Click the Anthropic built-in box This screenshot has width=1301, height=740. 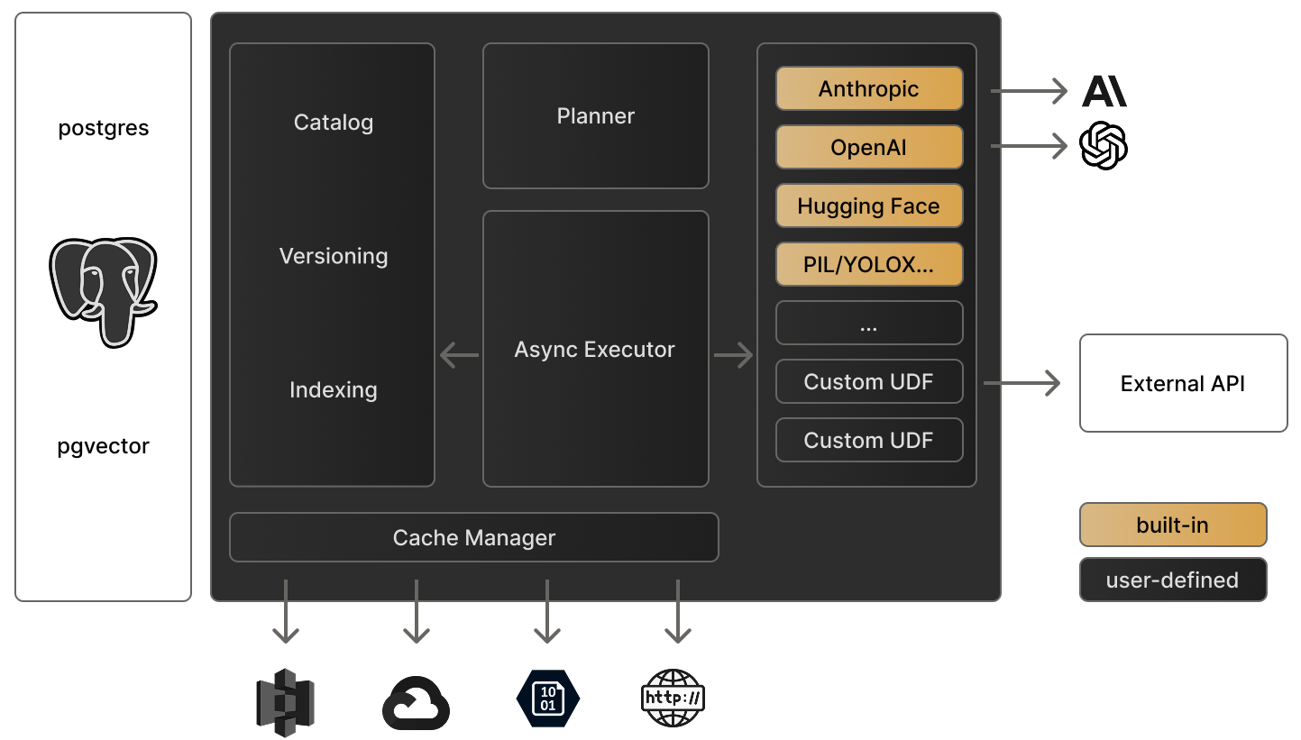coord(869,89)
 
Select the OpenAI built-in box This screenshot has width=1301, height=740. coord(869,148)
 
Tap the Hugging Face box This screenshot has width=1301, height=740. coord(869,206)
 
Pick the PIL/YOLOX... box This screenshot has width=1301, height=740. coord(869,265)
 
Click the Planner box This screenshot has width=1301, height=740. coord(596,116)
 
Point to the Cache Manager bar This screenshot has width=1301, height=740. coord(474,538)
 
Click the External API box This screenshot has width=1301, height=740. coord(1183,384)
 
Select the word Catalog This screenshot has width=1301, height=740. coord(334,123)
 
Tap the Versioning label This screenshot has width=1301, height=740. coord(334,256)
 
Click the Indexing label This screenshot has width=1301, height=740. coord(334,390)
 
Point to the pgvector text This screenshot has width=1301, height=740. coord(104,446)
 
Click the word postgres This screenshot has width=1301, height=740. coord(104,128)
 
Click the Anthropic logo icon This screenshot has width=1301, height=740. coord(1104,91)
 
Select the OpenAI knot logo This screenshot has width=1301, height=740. coord(1104,146)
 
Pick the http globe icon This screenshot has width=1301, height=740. coord(673,699)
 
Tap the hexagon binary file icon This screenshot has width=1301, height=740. coord(548,699)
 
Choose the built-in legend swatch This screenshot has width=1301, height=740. coord(1173,525)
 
